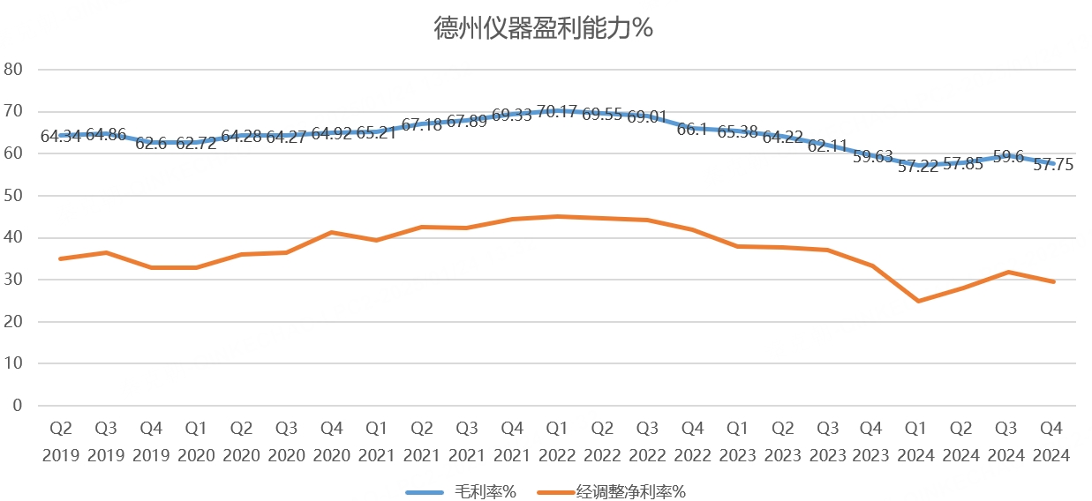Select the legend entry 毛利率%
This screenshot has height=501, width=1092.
pyautogui.click(x=485, y=492)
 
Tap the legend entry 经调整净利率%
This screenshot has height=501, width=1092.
pyautogui.click(x=629, y=492)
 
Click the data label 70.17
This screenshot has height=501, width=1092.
pyautogui.click(x=557, y=111)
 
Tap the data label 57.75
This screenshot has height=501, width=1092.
pyautogui.click(x=1053, y=164)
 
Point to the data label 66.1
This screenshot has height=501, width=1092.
pyautogui.click(x=693, y=130)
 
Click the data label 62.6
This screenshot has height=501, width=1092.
pyautogui.click(x=151, y=143)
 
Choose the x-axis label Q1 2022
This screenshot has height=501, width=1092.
pyautogui.click(x=557, y=442)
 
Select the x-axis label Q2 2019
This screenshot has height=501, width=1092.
pyautogui.click(x=60, y=442)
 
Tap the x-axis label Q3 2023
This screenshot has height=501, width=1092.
pyautogui.click(x=828, y=442)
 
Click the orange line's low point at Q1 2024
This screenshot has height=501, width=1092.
pyautogui.click(x=919, y=301)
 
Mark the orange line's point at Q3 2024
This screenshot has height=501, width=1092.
pyautogui.click(x=1008, y=272)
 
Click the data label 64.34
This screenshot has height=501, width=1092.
pyautogui.click(x=61, y=137)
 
